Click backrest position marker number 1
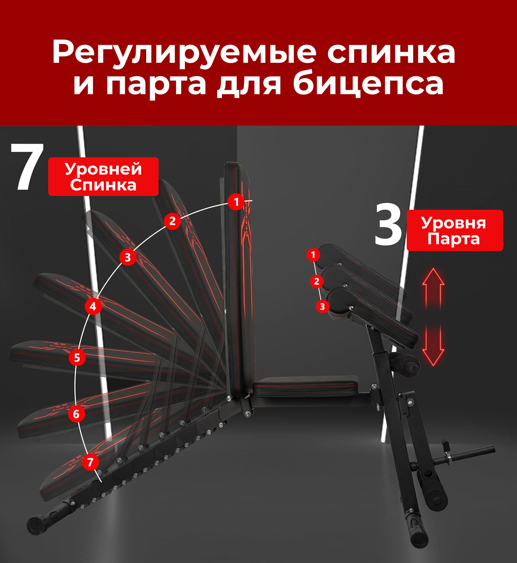click(236, 201)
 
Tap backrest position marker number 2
click(172, 221)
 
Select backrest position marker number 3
click(128, 257)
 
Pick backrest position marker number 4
click(93, 306)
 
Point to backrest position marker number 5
click(77, 357)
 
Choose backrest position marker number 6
click(77, 414)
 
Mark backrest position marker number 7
click(90, 462)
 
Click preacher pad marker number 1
click(313, 255)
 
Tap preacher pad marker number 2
click(317, 281)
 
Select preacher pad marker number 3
click(322, 306)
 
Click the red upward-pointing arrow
click(433, 288)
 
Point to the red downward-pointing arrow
click(433, 345)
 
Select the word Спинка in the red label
click(103, 185)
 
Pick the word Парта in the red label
click(454, 239)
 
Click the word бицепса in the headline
click(368, 83)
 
